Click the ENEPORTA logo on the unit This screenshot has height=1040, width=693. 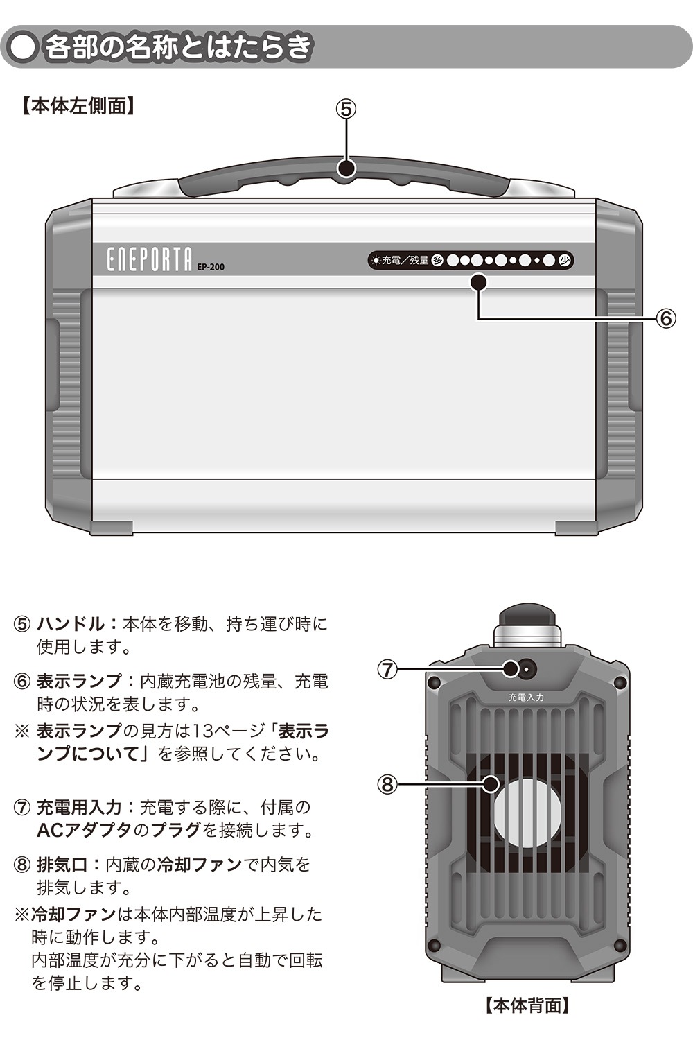pos(149,259)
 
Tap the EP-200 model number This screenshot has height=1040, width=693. pos(211,267)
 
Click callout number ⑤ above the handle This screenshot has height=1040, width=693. pos(346,110)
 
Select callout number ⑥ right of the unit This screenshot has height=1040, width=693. pos(666,318)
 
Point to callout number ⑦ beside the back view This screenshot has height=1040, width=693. pos(387,669)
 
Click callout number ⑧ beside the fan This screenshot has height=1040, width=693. pos(387,785)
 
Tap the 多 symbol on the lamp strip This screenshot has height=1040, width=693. pos(437,260)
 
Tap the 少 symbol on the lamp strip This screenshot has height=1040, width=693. pos(564,260)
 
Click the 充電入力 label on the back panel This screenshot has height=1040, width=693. pos(526,697)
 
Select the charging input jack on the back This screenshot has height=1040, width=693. pos(527,670)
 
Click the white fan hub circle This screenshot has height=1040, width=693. pos(527,811)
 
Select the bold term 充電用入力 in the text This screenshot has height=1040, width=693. pos(80,808)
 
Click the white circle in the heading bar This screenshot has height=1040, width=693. pos(23,48)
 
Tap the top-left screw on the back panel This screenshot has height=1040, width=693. pos(435,682)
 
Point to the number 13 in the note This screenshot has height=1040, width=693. pos(202,731)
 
